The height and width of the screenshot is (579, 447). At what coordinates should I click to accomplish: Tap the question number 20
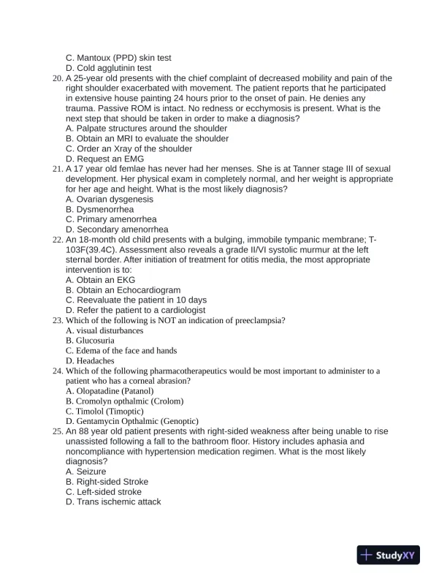point(58,78)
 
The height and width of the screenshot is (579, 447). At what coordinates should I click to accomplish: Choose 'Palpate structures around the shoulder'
point(146,128)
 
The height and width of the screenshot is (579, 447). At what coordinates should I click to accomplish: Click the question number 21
point(58,169)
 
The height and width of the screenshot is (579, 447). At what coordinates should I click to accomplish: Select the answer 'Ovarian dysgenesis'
point(110,199)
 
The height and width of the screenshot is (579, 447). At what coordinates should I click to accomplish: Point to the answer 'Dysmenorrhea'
point(99,209)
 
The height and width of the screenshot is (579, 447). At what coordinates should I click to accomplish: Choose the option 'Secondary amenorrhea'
point(117,230)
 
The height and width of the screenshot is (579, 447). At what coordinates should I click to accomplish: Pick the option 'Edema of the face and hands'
point(121,351)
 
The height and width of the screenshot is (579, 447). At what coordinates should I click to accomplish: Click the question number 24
point(58,371)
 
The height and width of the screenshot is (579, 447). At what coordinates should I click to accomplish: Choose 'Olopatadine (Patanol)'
point(110,391)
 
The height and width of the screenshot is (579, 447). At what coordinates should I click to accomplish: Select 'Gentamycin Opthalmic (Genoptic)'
point(131,421)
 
